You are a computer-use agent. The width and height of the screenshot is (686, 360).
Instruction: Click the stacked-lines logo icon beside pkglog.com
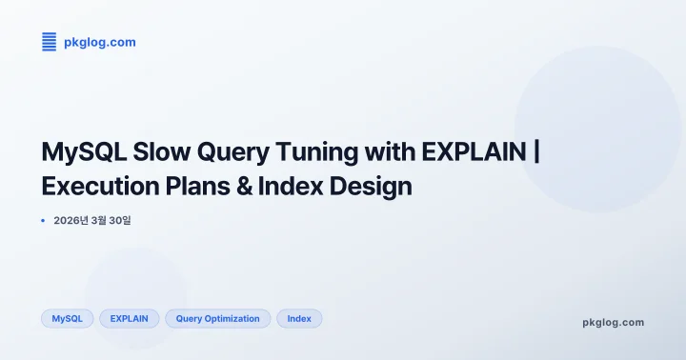coord(50,41)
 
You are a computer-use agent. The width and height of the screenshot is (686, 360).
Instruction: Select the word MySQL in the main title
coord(83,152)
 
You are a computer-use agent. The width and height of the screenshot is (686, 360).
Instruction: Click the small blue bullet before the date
coord(44,221)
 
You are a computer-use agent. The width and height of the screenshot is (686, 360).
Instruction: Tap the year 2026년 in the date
coord(71,221)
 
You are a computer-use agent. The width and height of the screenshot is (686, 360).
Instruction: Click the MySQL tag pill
coord(67,319)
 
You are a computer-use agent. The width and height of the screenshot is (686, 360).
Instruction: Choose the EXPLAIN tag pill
coord(129,319)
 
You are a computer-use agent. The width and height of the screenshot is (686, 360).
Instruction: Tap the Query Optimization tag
coord(217,319)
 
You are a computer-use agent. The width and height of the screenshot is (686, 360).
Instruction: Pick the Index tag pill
coord(299,319)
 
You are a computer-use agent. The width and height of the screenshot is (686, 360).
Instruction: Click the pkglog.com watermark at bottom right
coord(613,323)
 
